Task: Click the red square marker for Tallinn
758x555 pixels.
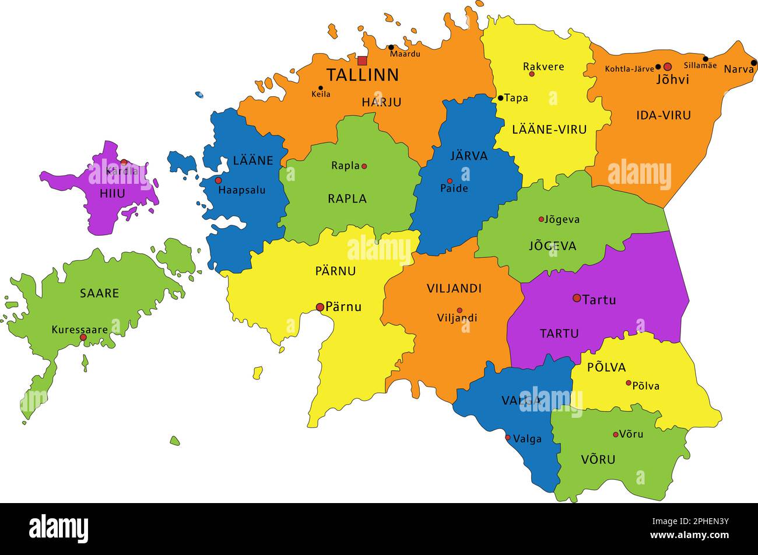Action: pos(362,61)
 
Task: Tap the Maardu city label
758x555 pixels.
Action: pos(405,54)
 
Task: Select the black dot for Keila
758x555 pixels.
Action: pos(320,88)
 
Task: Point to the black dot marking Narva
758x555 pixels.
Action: pos(753,63)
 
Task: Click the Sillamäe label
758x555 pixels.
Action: pos(700,66)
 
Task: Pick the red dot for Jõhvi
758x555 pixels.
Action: pos(668,67)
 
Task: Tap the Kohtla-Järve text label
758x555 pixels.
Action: pos(629,69)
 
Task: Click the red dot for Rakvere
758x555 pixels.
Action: pos(532,74)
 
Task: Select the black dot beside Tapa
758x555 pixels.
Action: pos(500,98)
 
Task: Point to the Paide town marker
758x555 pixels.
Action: pos(450,181)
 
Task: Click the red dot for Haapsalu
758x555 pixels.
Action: pos(218,180)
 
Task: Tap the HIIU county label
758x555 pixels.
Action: pos(112,194)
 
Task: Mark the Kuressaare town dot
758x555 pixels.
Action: pos(83,337)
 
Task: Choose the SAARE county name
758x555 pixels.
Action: pos(99,294)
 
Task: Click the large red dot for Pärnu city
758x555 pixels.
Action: pos(320,307)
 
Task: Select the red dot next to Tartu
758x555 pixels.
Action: pos(577,298)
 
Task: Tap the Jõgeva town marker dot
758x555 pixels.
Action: pos(541,219)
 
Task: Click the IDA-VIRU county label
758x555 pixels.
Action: pos(664,116)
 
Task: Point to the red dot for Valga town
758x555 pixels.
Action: pos(507,438)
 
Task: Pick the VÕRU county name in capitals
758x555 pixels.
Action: pos(598,460)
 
